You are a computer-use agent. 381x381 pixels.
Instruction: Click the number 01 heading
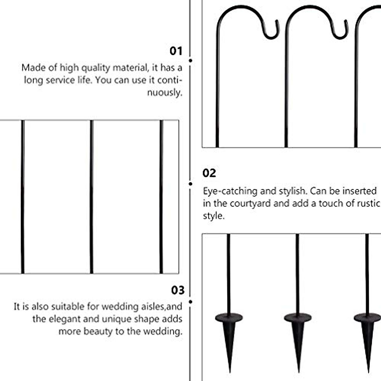tap(176, 51)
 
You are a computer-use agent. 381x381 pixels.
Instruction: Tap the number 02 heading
tap(209, 173)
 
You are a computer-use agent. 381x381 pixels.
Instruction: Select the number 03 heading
tap(177, 290)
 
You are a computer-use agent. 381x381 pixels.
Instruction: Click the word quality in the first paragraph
tap(96, 68)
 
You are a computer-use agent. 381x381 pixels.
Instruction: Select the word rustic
tap(368, 204)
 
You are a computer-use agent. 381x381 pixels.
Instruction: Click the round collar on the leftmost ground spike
tap(229, 317)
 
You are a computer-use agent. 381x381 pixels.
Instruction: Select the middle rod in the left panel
tap(91, 197)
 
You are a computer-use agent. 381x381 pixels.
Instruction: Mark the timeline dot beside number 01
tap(190, 60)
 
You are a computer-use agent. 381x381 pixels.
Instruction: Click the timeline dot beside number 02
tap(190, 184)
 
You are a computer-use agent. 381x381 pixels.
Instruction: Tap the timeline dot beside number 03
tap(190, 302)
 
